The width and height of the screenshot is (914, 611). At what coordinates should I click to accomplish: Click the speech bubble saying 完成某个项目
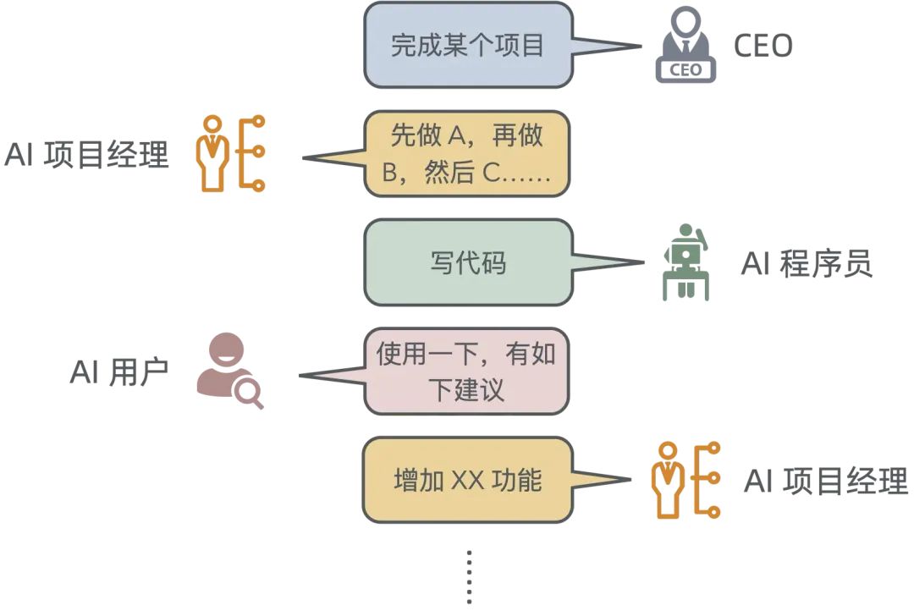(468, 45)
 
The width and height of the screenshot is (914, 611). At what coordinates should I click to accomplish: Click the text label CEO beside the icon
(763, 46)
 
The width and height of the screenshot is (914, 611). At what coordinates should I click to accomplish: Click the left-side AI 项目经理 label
(87, 155)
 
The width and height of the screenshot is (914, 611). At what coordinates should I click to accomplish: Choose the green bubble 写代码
(468, 262)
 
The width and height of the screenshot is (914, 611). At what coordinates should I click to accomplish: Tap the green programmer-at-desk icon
(686, 261)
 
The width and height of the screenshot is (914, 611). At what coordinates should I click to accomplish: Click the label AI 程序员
(807, 264)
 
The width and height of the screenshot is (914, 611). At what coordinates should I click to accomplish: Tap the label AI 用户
(119, 372)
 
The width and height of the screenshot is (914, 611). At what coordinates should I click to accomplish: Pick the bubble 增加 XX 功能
(468, 481)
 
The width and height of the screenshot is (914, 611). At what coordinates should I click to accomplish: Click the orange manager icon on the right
(685, 479)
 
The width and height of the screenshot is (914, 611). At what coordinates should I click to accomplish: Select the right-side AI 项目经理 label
(826, 481)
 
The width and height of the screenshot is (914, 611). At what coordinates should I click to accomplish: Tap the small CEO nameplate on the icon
(685, 69)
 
